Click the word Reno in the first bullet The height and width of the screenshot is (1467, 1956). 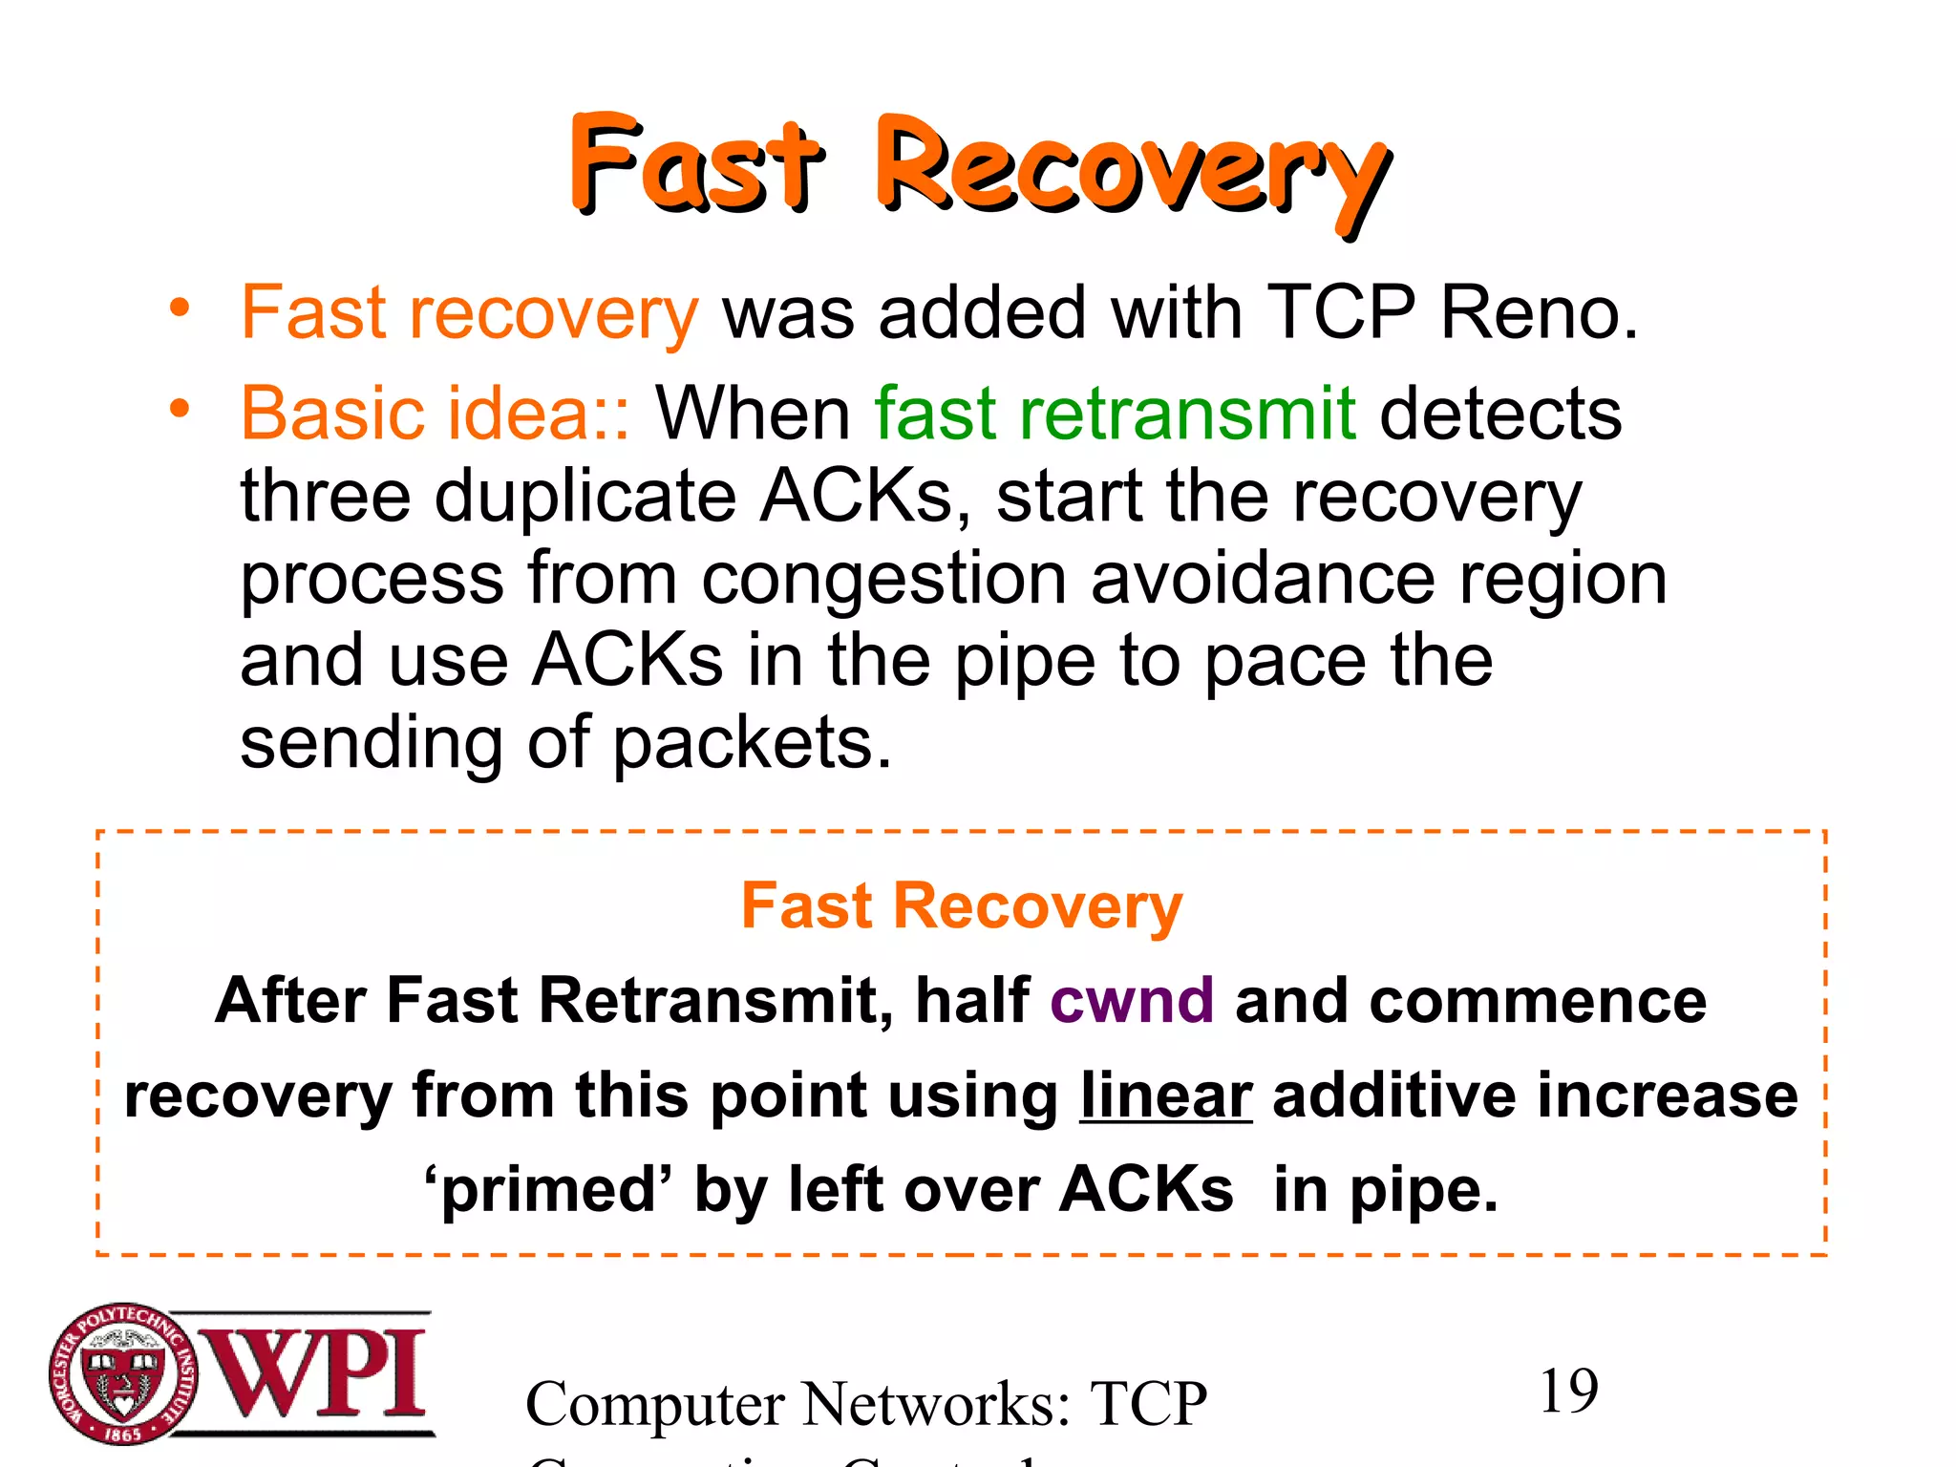pyautogui.click(x=1539, y=313)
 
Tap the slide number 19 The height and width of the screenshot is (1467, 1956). pyautogui.click(x=1568, y=1391)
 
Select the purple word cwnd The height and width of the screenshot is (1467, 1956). pyautogui.click(x=1132, y=1001)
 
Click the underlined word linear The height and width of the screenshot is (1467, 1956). pyautogui.click(x=1165, y=1095)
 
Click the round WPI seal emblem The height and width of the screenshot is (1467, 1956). pyautogui.click(x=122, y=1373)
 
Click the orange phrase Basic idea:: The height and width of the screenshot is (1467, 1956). pyautogui.click(x=436, y=414)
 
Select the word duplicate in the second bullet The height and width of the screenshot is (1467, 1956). pyautogui.click(x=585, y=497)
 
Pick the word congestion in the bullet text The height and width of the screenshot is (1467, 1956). pyautogui.click(x=883, y=579)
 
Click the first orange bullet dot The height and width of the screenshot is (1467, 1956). pyautogui.click(x=180, y=308)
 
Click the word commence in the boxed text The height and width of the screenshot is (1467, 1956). pyautogui.click(x=1538, y=1001)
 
